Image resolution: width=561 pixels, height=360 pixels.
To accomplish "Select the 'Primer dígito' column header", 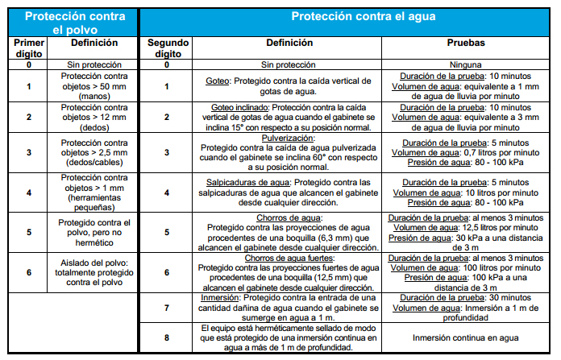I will (29, 48).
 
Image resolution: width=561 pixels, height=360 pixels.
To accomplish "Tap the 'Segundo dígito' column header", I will (167, 48).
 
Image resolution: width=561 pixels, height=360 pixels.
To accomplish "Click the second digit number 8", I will (167, 338).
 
